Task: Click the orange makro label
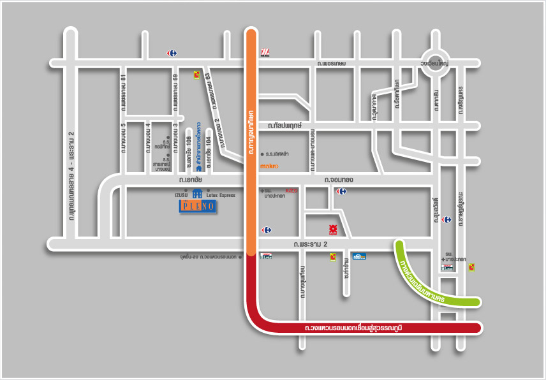click(269, 166)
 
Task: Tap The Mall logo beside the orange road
click(264, 53)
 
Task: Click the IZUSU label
click(182, 195)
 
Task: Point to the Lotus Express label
click(220, 195)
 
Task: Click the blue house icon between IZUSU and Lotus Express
click(197, 193)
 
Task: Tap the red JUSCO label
click(291, 190)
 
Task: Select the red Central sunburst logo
click(332, 228)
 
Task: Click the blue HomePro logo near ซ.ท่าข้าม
click(360, 256)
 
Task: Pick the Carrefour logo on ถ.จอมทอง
click(342, 191)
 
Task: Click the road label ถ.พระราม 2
click(311, 244)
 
